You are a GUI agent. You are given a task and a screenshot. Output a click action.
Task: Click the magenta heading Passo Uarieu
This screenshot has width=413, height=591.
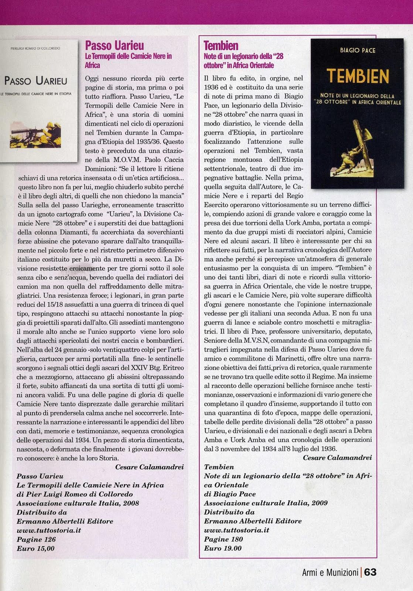click(x=115, y=45)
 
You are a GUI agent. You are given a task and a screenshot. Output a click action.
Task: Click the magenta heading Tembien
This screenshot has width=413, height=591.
click(x=221, y=45)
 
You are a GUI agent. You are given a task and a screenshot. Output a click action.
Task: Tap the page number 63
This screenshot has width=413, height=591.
click(x=370, y=572)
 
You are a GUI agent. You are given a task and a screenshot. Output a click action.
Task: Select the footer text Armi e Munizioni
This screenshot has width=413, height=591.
click(x=330, y=573)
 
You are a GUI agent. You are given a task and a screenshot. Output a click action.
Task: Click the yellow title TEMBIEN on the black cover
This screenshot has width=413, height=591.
click(x=358, y=76)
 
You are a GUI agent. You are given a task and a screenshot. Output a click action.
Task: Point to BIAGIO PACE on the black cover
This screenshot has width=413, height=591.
click(x=358, y=50)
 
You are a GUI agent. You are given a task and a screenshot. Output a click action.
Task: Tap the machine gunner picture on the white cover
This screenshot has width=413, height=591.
click(x=35, y=134)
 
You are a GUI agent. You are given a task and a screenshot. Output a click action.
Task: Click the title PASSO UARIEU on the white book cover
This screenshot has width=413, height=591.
click(x=36, y=81)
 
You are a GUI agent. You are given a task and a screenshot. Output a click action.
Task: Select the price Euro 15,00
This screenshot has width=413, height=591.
click(x=35, y=549)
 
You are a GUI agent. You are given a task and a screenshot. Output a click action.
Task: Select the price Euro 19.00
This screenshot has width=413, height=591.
click(x=223, y=548)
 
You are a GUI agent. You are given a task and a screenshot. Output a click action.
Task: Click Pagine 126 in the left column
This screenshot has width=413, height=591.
click(x=36, y=539)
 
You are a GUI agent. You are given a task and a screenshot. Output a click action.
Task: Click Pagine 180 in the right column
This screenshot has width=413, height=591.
click(x=223, y=539)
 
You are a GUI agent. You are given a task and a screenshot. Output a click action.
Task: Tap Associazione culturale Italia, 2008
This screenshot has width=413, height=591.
click(x=78, y=503)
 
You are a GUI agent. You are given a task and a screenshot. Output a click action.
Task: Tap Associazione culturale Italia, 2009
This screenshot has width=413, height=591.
click(x=266, y=503)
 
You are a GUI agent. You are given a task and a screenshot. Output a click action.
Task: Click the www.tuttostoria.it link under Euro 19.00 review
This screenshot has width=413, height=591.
click(x=236, y=530)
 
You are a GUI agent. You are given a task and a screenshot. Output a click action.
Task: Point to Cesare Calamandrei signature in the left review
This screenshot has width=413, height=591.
click(x=149, y=467)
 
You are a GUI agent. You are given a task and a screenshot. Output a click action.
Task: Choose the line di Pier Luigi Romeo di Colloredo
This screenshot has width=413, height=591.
click(x=75, y=494)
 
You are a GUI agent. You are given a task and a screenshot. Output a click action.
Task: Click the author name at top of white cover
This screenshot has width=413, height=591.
click(x=35, y=48)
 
